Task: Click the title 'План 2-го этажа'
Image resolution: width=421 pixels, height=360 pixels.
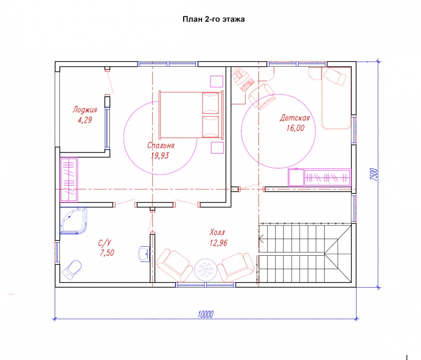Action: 213,19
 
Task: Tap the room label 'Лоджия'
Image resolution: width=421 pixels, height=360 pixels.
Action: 85,110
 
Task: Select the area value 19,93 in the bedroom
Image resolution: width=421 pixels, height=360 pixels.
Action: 160,156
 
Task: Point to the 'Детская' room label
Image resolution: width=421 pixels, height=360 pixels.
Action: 295,118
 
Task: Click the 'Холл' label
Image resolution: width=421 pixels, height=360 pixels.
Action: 217,232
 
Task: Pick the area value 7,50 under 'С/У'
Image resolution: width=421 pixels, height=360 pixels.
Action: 107,253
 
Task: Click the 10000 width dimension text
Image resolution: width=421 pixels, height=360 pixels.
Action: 205,315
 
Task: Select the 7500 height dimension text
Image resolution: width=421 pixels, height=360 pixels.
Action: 374,175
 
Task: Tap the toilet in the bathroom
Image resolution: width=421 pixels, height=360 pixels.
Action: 72,270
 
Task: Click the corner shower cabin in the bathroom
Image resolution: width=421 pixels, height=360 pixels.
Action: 73,220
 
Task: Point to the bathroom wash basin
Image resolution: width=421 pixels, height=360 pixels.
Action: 144,254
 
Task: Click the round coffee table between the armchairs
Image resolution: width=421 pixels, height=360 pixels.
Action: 206,270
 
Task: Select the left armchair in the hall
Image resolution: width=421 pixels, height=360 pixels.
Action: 175,265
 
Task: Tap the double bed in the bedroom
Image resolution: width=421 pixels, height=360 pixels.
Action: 191,115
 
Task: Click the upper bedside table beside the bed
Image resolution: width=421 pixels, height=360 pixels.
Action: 217,82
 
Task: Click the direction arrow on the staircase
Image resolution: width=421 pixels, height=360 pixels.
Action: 261,238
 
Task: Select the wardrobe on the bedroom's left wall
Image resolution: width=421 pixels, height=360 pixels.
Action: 69,180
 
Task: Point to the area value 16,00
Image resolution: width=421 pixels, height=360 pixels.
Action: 296,128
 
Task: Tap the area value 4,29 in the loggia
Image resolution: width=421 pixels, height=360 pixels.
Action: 85,120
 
